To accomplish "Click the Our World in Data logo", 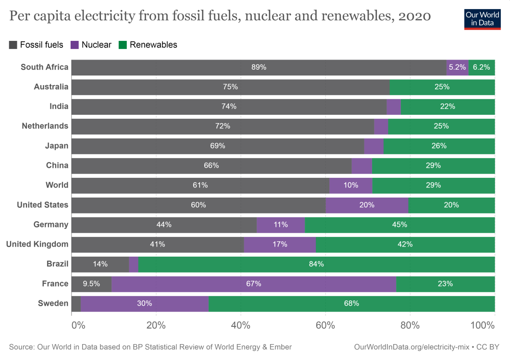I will point(483,18).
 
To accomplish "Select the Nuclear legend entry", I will point(91,45).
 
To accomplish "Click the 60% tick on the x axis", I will point(325,325).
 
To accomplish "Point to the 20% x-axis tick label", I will point(156,325).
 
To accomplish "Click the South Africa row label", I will point(44,67).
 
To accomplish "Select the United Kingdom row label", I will point(37,244).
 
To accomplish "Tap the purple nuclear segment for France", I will point(254,284).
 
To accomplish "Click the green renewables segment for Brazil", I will point(316,264).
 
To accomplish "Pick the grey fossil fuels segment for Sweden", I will point(76,303).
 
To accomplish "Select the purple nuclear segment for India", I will point(394,107).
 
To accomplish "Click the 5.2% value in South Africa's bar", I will point(457,67).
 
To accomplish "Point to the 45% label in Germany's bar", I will point(399,224).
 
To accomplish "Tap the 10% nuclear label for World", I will point(350,185).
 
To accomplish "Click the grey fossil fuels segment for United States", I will point(198,205).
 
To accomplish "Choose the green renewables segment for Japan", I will point(439,146).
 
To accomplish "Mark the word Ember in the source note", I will point(280,347).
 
